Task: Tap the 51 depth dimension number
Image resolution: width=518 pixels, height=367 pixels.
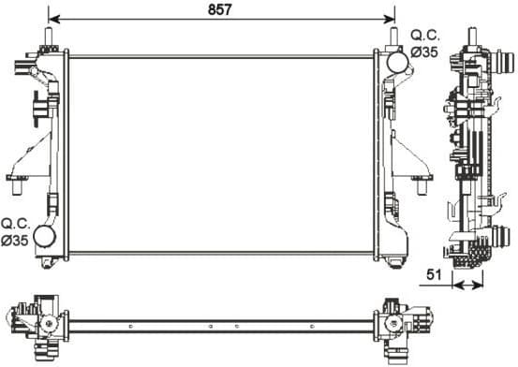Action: [x=433, y=276]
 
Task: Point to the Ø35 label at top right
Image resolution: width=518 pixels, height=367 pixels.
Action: [x=425, y=52]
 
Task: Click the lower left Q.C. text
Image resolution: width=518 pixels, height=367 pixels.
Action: [x=17, y=224]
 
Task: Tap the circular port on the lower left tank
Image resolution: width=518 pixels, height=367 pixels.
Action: [x=45, y=236]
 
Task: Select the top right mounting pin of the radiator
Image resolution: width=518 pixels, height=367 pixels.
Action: [x=392, y=37]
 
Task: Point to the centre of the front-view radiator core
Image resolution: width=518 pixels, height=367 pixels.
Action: [x=220, y=154]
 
